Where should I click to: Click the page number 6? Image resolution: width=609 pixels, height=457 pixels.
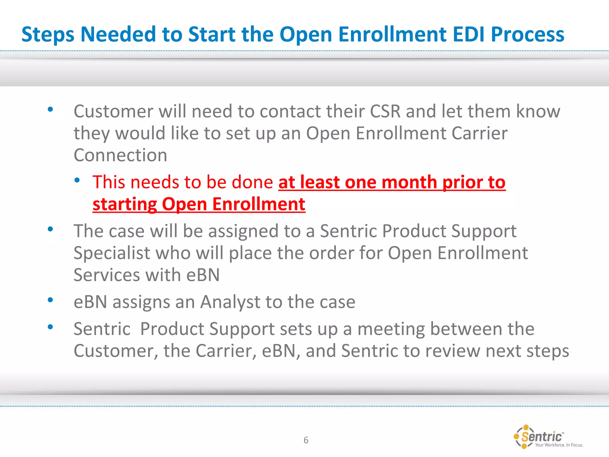coord(306,440)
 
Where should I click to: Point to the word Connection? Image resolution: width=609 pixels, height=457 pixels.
coord(120,155)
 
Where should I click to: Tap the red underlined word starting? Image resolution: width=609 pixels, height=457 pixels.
coord(125,205)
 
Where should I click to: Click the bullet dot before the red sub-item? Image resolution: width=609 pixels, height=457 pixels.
coord(77,180)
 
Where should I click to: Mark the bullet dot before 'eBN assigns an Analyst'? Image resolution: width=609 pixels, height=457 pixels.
coord(50,300)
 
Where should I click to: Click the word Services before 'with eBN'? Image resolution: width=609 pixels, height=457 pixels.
coord(107,275)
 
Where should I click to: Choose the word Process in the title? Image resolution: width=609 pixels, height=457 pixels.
coord(527,34)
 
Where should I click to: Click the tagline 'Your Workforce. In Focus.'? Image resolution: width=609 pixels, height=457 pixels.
coord(559,445)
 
